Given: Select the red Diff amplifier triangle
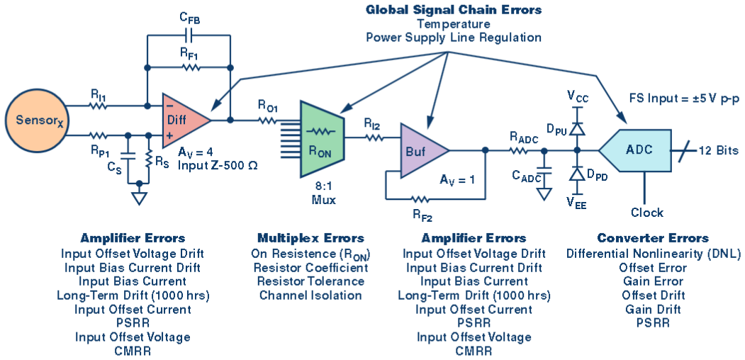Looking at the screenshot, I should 181,120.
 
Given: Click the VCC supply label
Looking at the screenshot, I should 578,95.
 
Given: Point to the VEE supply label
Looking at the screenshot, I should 576,202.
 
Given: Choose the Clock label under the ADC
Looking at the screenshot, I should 646,213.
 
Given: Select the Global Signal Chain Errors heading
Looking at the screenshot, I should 454,10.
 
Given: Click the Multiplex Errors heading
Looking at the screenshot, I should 310,238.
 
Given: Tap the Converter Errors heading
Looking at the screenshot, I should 653,238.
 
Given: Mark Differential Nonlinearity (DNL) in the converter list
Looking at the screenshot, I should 653,254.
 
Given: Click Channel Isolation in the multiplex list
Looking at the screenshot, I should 310,295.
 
